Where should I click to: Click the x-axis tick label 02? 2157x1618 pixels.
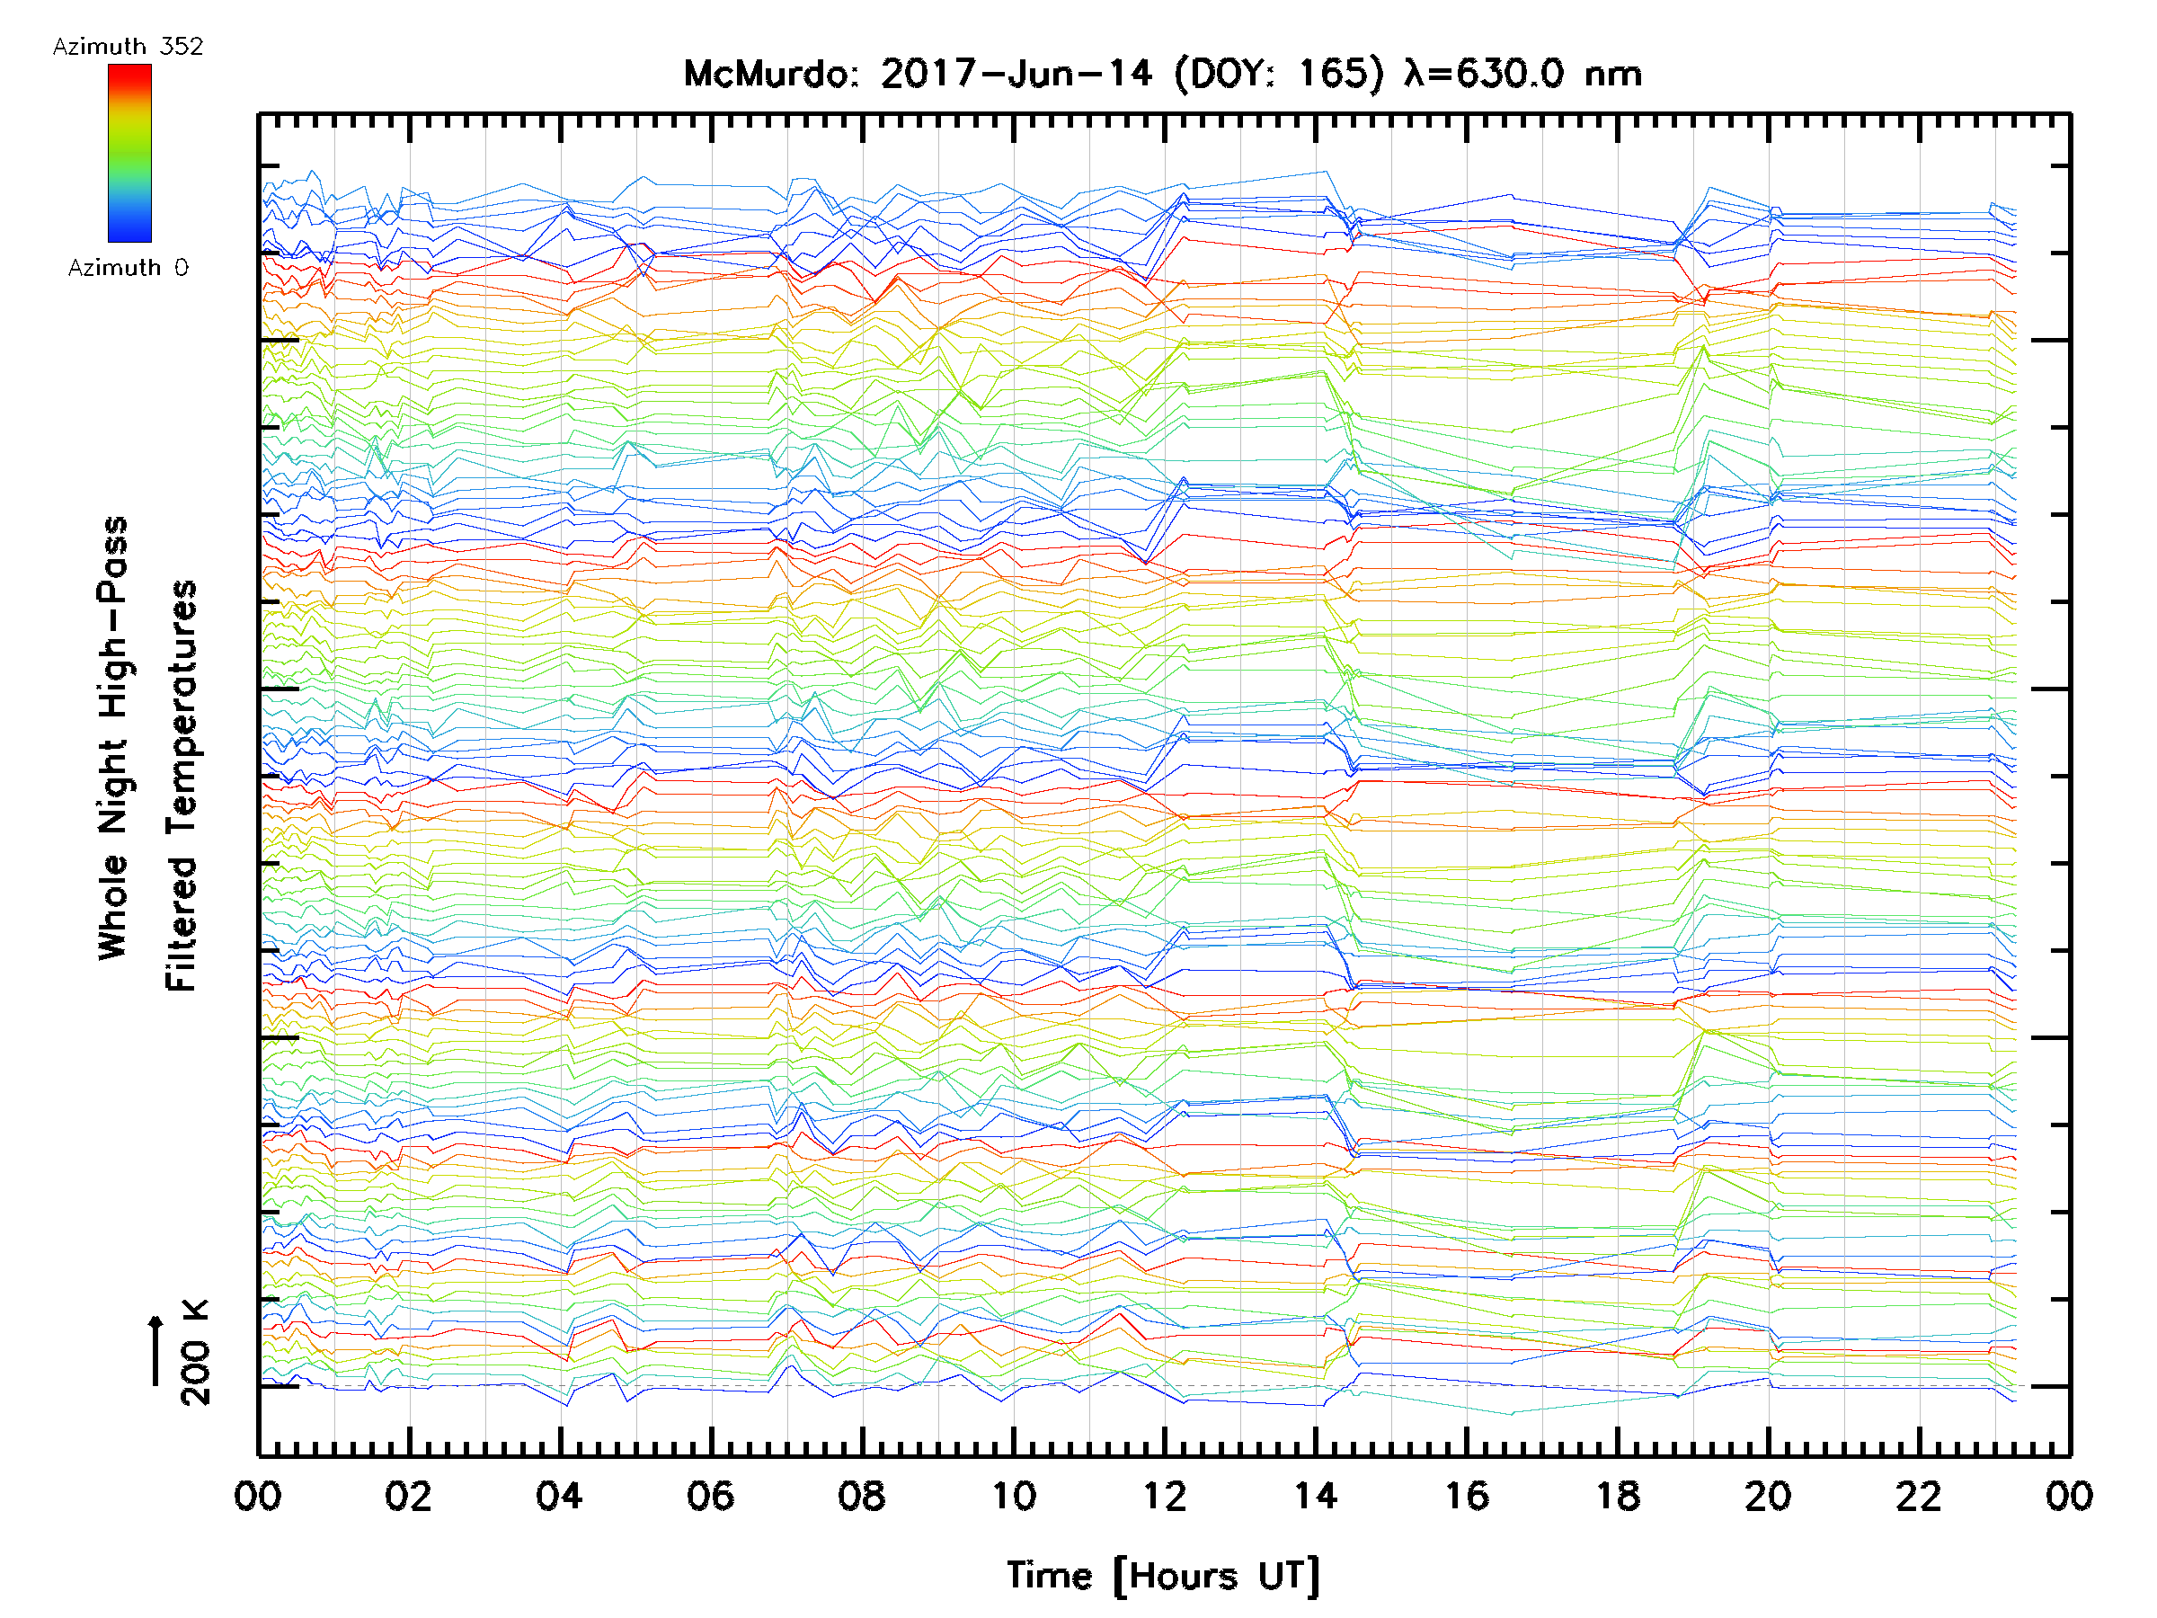tap(408, 1496)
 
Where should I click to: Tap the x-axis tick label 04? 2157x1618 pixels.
tap(559, 1496)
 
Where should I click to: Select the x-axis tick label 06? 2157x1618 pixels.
tap(710, 1496)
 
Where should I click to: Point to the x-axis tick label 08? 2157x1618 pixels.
tap(861, 1496)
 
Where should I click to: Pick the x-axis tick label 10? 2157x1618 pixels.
tap(1013, 1496)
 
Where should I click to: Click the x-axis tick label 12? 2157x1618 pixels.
tap(1164, 1496)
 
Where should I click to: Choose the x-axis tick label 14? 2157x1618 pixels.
tap(1316, 1496)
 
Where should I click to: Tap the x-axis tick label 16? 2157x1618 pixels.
tap(1467, 1496)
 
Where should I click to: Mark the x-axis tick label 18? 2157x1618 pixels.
tap(1618, 1496)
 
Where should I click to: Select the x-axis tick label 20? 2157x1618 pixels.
tap(1768, 1496)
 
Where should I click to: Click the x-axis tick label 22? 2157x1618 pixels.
tap(1919, 1496)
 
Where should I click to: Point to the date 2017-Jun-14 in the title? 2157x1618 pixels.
tap(1016, 74)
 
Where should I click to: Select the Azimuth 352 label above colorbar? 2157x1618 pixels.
tap(128, 47)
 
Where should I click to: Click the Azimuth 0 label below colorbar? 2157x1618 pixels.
tap(128, 267)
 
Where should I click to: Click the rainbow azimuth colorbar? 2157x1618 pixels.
tap(129, 153)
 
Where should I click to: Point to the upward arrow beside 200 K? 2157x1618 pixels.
tap(156, 1350)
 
